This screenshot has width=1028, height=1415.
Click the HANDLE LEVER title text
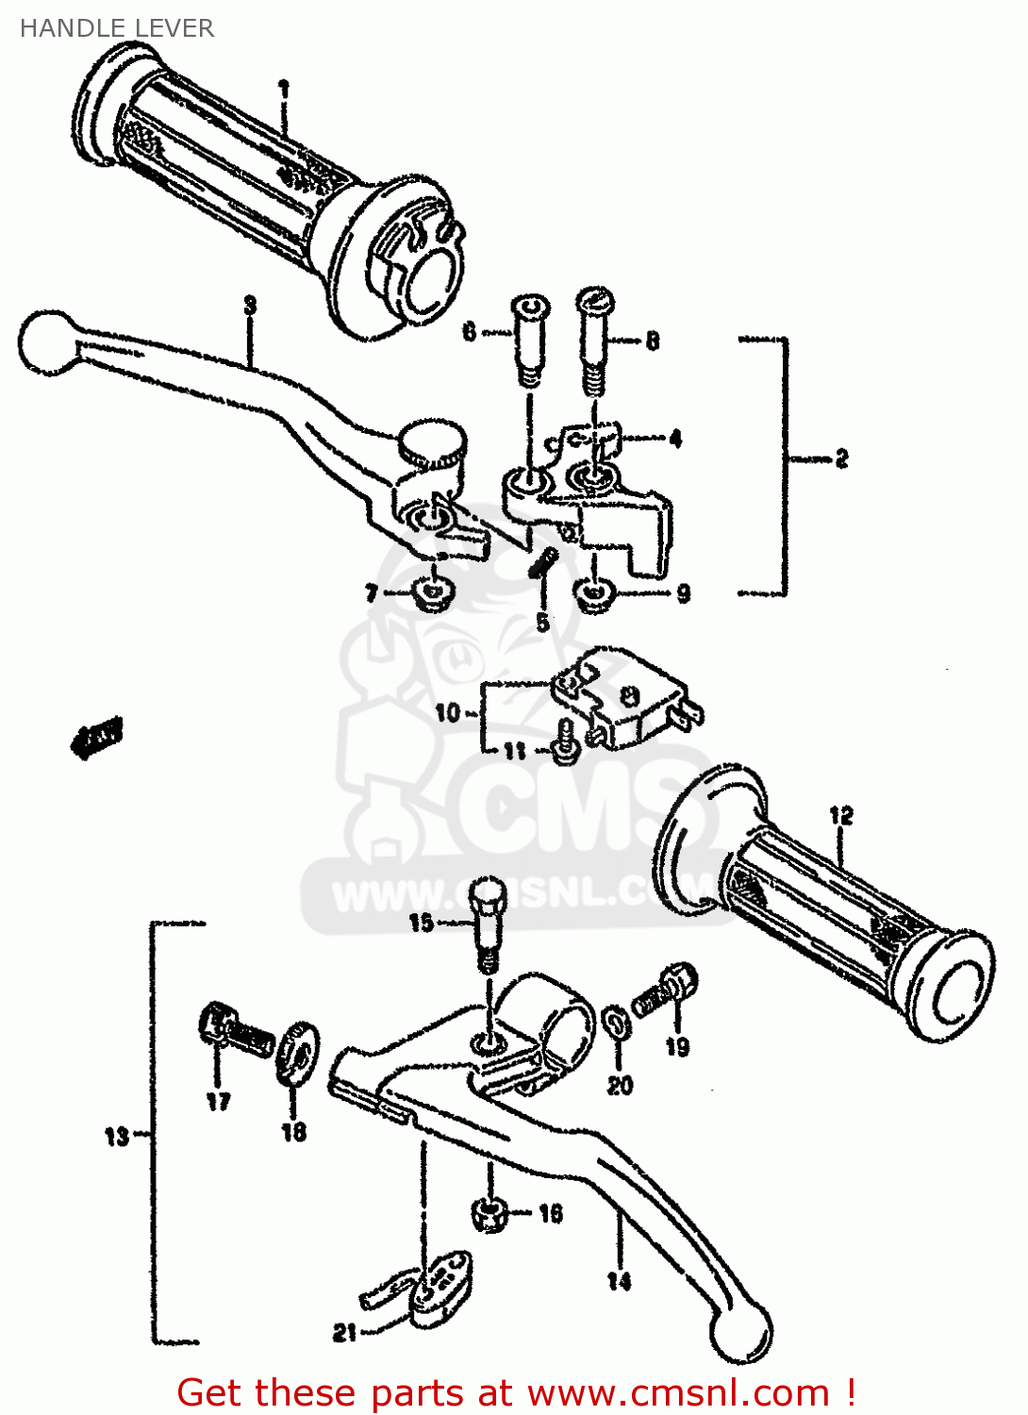[117, 28]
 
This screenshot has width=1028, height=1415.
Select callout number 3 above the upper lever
[249, 305]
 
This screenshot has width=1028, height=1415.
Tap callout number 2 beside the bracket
[840, 458]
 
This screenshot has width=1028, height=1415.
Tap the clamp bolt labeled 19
[668, 990]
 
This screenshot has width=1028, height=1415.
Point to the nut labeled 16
[489, 1214]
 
